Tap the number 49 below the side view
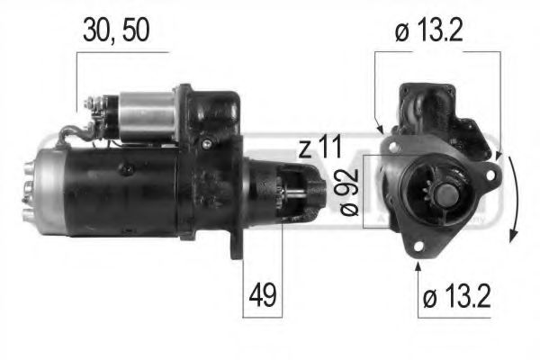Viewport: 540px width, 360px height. [262, 293]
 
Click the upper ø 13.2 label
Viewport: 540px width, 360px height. [439, 30]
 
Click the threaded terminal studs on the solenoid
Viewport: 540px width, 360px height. [90, 112]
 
